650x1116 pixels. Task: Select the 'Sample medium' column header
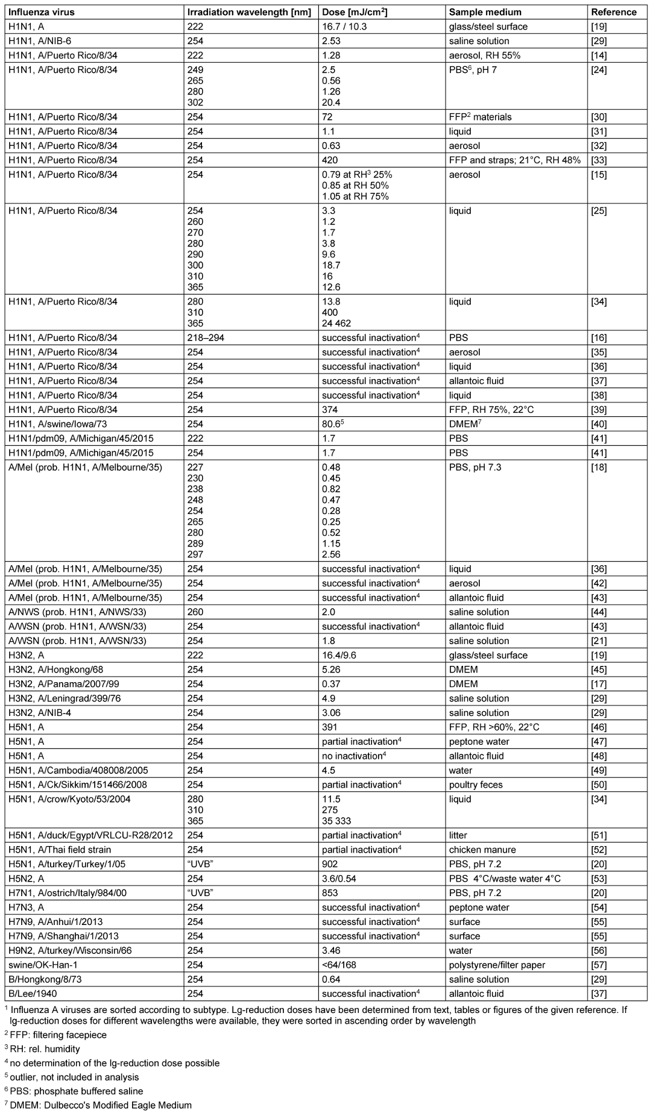pos(485,12)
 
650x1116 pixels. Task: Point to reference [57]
pos(599,965)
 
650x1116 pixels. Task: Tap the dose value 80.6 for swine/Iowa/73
pos(333,424)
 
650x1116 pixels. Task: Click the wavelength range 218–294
pos(206,337)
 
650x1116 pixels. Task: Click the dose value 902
pos(330,864)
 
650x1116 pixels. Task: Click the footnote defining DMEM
pos(101,1105)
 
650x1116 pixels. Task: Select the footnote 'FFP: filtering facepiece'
pos(58,1035)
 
